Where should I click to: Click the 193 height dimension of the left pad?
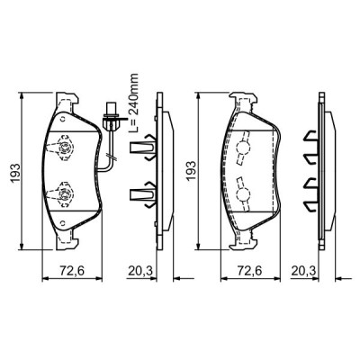(10, 173)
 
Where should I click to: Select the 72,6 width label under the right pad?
(246, 270)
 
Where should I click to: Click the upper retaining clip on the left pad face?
(64, 144)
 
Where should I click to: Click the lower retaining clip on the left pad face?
(64, 191)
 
